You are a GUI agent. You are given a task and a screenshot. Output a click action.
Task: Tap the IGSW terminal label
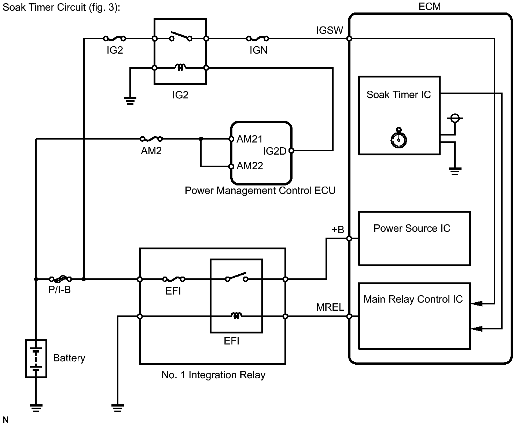coord(330,30)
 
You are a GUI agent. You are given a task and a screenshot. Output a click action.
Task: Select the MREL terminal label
coord(330,307)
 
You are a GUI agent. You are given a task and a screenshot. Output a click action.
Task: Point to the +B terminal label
coord(338,229)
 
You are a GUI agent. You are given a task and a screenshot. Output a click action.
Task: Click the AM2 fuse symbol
coord(151,139)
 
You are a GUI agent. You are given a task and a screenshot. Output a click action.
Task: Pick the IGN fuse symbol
coord(258,39)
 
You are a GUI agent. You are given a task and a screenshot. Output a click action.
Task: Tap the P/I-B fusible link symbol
coord(60,279)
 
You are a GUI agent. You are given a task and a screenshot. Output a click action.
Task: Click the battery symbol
coord(36,359)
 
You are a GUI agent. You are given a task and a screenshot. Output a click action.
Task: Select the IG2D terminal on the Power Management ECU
coord(291,151)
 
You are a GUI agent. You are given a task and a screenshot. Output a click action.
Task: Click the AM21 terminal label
coord(250,139)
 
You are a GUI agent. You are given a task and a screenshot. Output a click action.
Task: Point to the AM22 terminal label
coord(250,166)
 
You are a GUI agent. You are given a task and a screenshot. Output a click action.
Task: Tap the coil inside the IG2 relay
coord(180,67)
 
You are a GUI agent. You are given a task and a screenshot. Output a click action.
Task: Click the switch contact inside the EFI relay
coord(236,277)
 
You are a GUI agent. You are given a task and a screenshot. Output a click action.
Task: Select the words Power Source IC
coord(412,228)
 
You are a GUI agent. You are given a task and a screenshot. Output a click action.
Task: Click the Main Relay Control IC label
coord(413,299)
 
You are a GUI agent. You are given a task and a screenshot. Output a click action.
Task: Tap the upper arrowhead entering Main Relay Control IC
coord(477,304)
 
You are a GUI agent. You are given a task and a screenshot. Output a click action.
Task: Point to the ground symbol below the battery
coord(36,408)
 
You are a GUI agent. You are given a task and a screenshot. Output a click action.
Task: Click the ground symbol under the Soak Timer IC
coord(455,171)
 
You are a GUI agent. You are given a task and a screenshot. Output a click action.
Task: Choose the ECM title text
coord(429,6)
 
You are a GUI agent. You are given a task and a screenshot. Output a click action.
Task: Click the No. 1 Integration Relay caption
coord(213,375)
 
